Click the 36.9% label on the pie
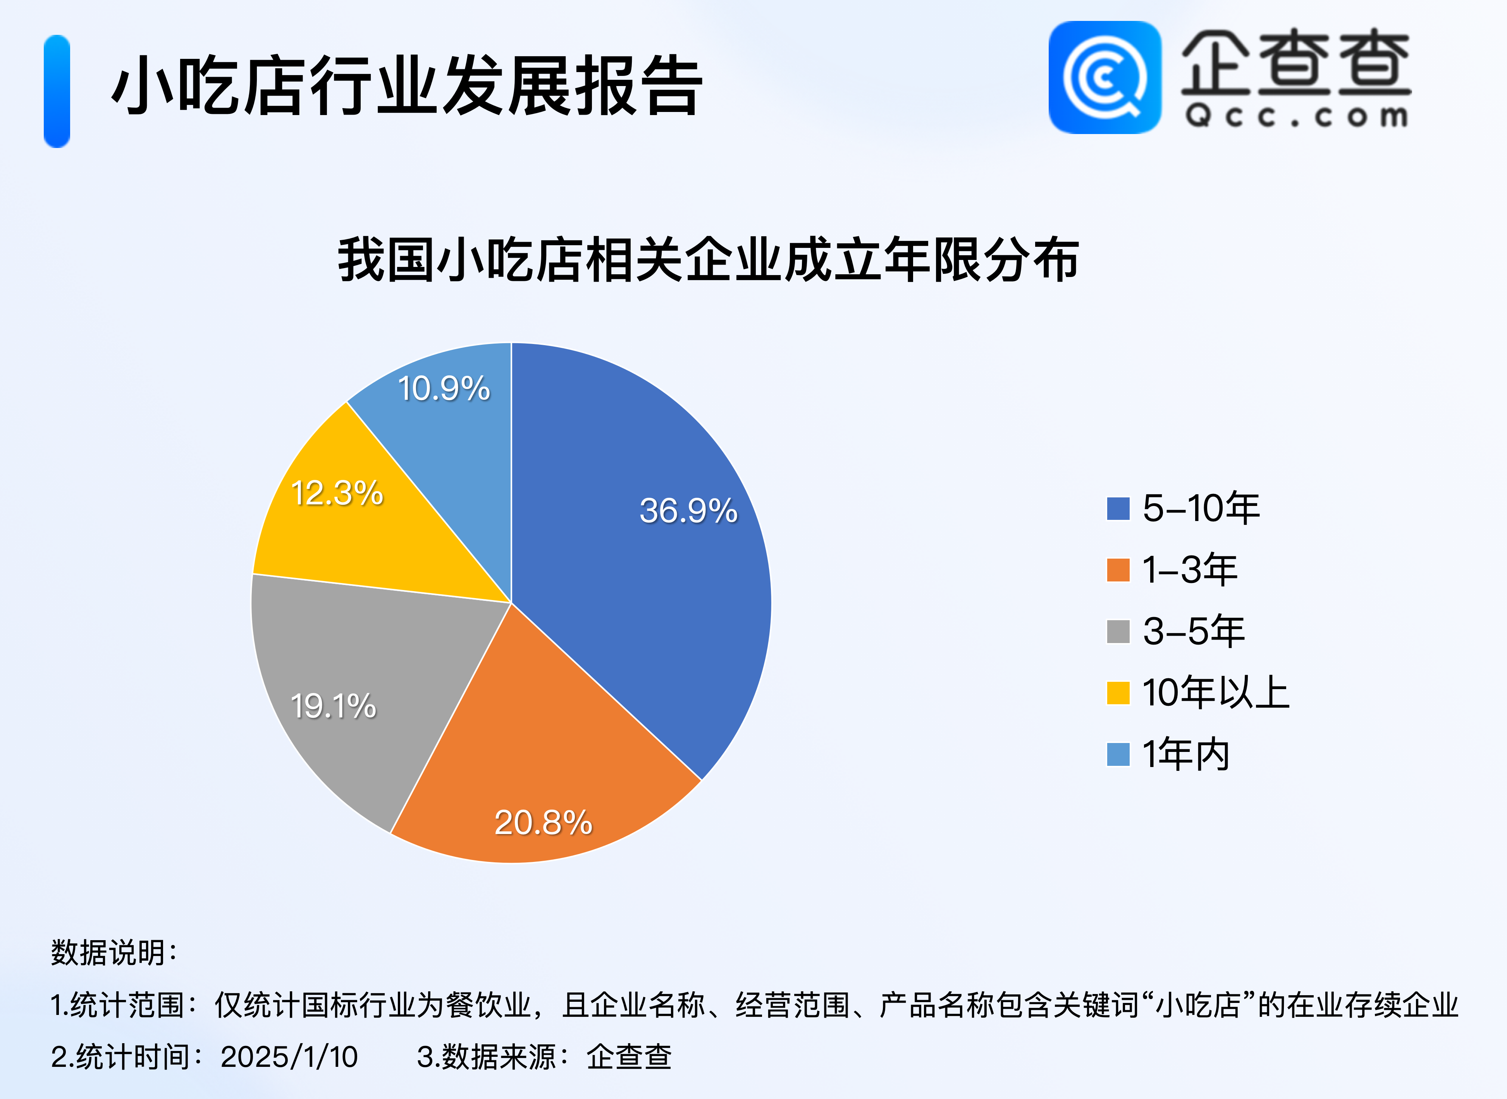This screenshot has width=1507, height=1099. coord(689,511)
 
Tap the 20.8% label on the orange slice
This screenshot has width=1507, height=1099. coord(544,823)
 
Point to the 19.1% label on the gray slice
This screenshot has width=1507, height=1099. coord(333,706)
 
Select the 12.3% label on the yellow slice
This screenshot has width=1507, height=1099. coord(337,493)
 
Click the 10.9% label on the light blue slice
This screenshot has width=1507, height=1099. coord(444,389)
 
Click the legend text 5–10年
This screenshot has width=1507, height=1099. coord(1201,508)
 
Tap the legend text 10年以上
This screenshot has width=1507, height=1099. coord(1216,693)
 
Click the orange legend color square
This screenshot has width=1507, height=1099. coord(1118,570)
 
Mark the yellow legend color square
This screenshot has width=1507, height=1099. coord(1118,693)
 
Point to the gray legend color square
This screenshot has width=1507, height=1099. coord(1118,631)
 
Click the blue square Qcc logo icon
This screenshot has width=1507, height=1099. coord(1105,77)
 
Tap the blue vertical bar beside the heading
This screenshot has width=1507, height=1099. coord(57,91)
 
